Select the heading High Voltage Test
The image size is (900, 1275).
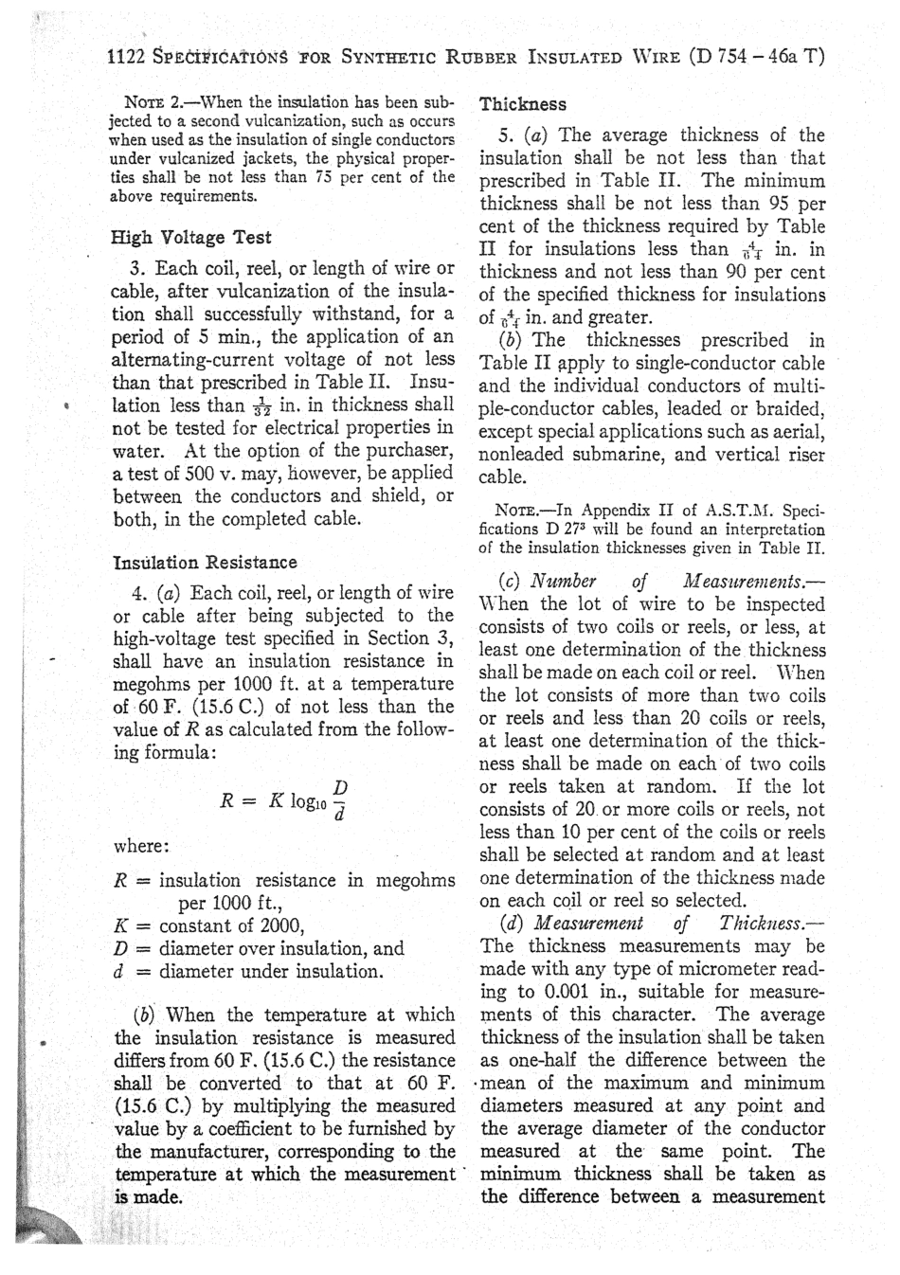coord(191,237)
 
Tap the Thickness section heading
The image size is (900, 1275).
coord(523,104)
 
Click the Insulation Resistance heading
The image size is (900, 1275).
coord(205,562)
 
